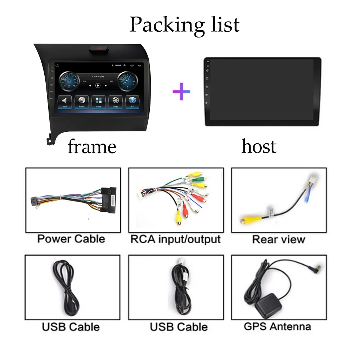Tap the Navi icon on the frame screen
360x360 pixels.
(x=64, y=102)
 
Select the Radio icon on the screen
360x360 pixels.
(x=82, y=102)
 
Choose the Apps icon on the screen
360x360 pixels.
(x=99, y=102)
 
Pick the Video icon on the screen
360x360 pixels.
(x=116, y=102)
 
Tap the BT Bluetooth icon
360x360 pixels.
(x=132, y=102)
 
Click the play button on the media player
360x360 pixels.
(x=98, y=86)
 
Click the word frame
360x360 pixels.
(x=92, y=147)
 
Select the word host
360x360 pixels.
(x=259, y=146)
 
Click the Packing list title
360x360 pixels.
(x=184, y=24)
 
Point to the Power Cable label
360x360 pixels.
(x=71, y=239)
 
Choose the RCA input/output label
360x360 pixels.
(x=175, y=239)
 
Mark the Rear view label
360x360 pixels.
(x=278, y=239)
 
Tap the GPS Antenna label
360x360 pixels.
(x=277, y=327)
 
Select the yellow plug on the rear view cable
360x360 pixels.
(x=247, y=218)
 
